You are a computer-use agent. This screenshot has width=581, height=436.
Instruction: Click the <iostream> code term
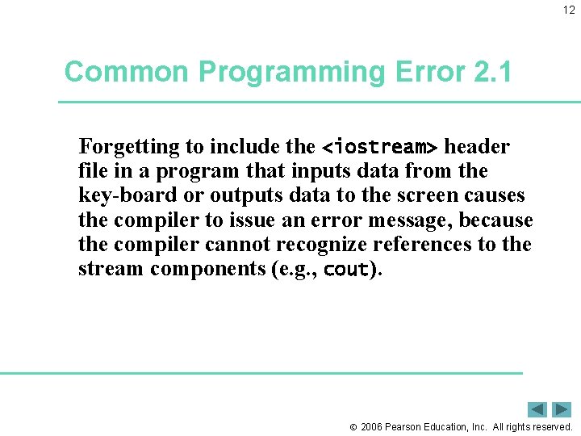pyautogui.click(x=379, y=148)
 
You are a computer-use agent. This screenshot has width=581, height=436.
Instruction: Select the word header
pyautogui.click(x=477, y=147)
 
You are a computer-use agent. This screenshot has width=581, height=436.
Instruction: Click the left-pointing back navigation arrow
pyautogui.click(x=537, y=409)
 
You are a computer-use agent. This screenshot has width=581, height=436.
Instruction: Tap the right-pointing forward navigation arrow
pyautogui.click(x=562, y=409)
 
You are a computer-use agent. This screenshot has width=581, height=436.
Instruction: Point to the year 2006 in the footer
pyautogui.click(x=372, y=426)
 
